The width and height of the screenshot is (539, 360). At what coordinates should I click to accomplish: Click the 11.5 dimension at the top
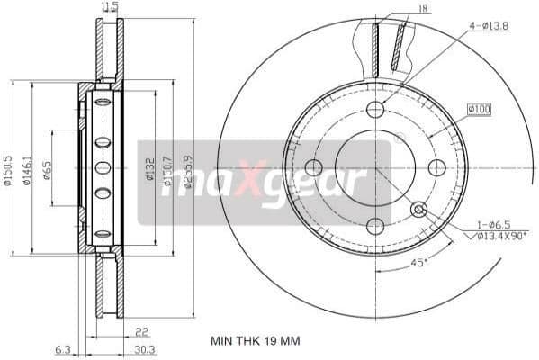pyautogui.click(x=111, y=7)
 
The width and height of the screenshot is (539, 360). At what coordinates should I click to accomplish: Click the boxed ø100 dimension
pyautogui.click(x=479, y=110)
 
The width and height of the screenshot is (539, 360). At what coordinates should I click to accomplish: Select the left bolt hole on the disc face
pyautogui.click(x=314, y=167)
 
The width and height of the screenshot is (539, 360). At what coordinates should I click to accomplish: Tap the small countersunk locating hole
pyautogui.click(x=418, y=210)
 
